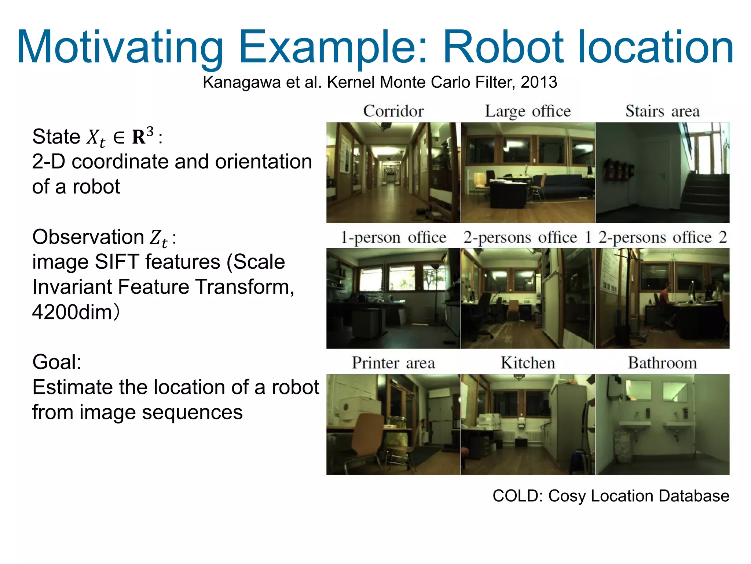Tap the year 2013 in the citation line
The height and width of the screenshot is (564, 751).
539,82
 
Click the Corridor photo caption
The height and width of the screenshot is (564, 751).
393,111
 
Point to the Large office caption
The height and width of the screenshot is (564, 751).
528,111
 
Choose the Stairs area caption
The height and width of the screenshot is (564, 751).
662,111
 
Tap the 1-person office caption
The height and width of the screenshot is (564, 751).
393,238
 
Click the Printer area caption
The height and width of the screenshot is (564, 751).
393,363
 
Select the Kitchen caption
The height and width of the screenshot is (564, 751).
528,363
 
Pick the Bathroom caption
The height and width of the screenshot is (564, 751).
662,363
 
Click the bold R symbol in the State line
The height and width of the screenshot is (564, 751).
139,137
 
